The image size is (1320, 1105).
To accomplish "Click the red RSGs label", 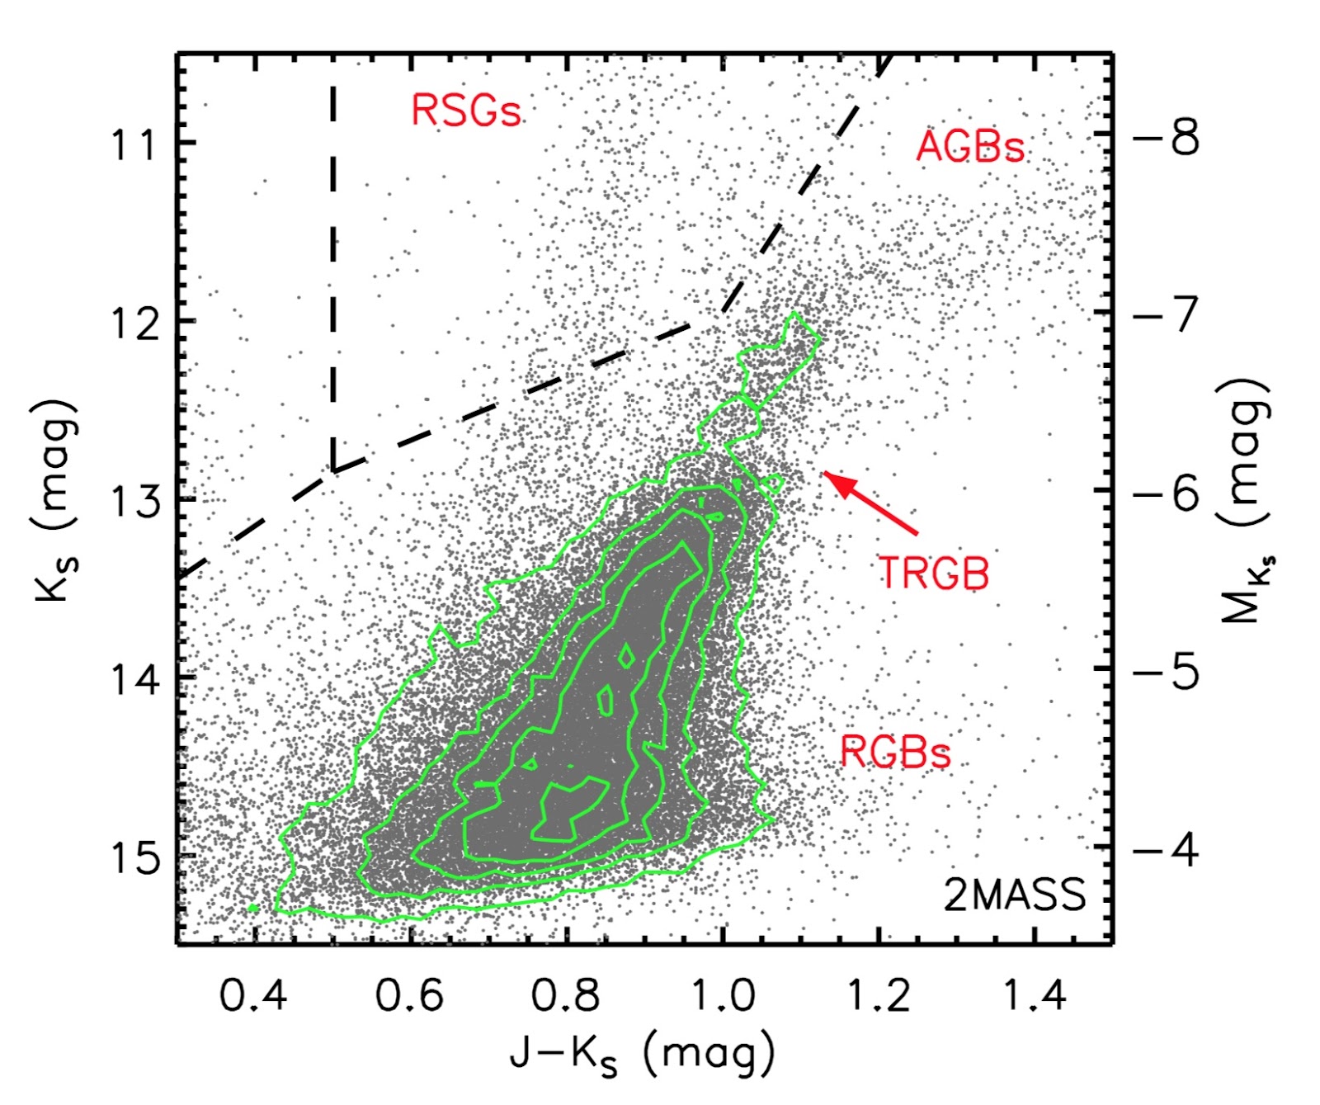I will (x=466, y=110).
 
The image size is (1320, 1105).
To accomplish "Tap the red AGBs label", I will (x=970, y=147).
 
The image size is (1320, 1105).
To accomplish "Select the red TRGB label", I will (x=933, y=572).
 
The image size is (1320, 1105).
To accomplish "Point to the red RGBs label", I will (x=895, y=751).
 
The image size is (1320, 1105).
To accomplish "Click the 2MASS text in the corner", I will (x=1014, y=895).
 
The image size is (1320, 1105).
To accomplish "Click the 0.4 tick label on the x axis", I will (x=253, y=995).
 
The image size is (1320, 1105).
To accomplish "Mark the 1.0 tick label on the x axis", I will (x=722, y=995).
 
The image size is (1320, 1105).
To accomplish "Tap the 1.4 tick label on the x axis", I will (x=1035, y=995).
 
